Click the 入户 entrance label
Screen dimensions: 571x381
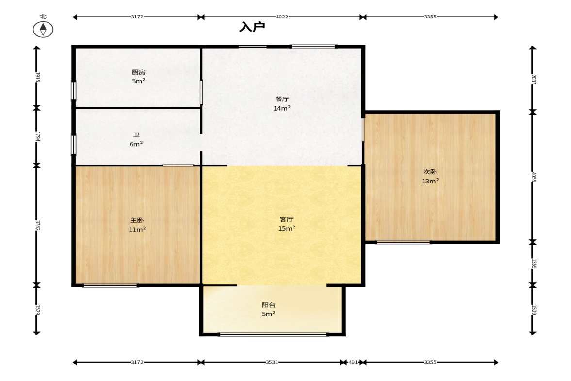[x=252, y=27]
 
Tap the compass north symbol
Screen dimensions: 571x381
[x=43, y=30]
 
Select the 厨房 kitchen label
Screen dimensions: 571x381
[x=138, y=72]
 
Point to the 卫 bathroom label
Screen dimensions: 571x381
[x=136, y=135]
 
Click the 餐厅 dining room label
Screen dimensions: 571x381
[x=282, y=99]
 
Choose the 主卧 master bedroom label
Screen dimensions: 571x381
[x=137, y=220]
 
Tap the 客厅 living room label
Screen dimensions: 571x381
[x=287, y=219]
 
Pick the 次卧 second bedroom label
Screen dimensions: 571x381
[x=430, y=172]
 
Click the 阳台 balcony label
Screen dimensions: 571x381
[x=268, y=305]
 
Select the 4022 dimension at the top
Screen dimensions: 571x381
[x=282, y=17]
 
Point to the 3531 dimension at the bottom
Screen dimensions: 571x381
[x=272, y=362]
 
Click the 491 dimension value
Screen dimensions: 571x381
[x=353, y=362]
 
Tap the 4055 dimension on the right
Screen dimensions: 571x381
[x=533, y=177]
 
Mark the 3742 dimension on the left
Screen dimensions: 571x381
[x=37, y=225]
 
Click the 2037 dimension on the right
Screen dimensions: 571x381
[x=533, y=80]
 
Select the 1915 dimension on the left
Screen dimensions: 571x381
[x=37, y=77]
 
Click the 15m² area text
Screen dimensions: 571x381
[x=287, y=229]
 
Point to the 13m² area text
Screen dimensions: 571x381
[x=430, y=181]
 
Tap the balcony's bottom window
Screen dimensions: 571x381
[x=274, y=334]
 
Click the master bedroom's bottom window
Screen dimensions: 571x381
[x=111, y=285]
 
